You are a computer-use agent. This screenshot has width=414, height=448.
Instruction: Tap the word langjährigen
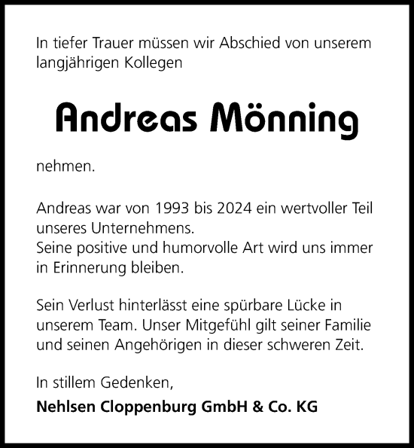coord(75,64)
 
